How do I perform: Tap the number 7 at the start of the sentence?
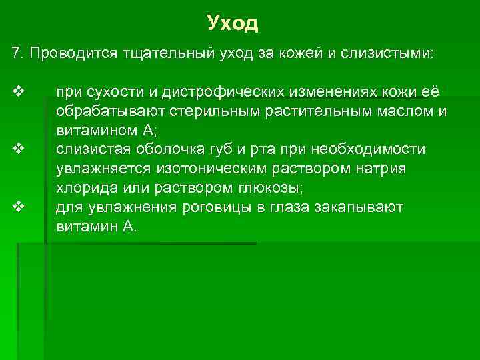[x=16, y=53]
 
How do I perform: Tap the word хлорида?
[x=85, y=188]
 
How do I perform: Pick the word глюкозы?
[x=263, y=188]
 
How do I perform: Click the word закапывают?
[x=359, y=207]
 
